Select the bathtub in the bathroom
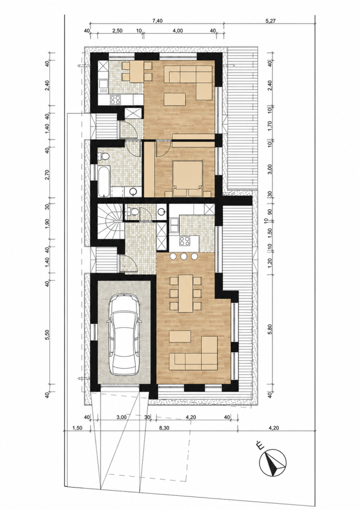pos(104,181)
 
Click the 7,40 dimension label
pos(157,21)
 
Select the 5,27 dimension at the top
pos(270,21)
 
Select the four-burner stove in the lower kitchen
pos(185,241)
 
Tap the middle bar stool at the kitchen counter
pos(184,256)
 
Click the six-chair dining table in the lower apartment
pos(186,293)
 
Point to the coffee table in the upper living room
pos(175,99)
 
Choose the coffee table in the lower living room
pos(180,336)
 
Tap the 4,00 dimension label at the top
pos(178,31)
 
